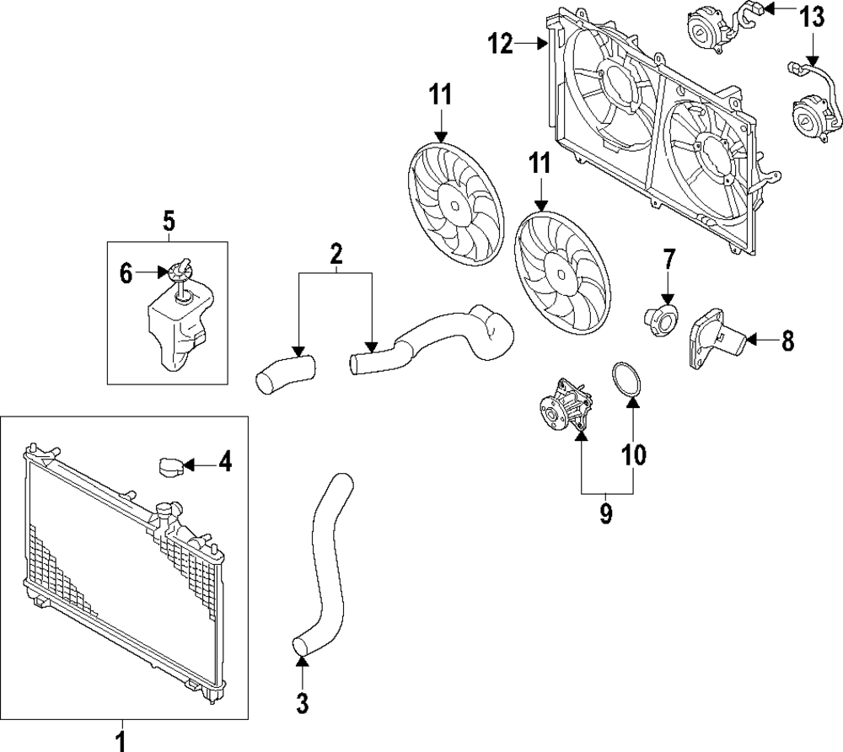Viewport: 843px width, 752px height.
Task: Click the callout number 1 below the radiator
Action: click(121, 740)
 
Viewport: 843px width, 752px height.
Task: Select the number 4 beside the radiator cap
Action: click(224, 462)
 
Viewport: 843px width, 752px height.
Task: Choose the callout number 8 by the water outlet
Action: click(787, 341)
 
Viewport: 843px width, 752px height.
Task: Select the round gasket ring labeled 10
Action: click(625, 379)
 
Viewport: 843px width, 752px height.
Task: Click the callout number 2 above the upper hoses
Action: click(336, 251)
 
